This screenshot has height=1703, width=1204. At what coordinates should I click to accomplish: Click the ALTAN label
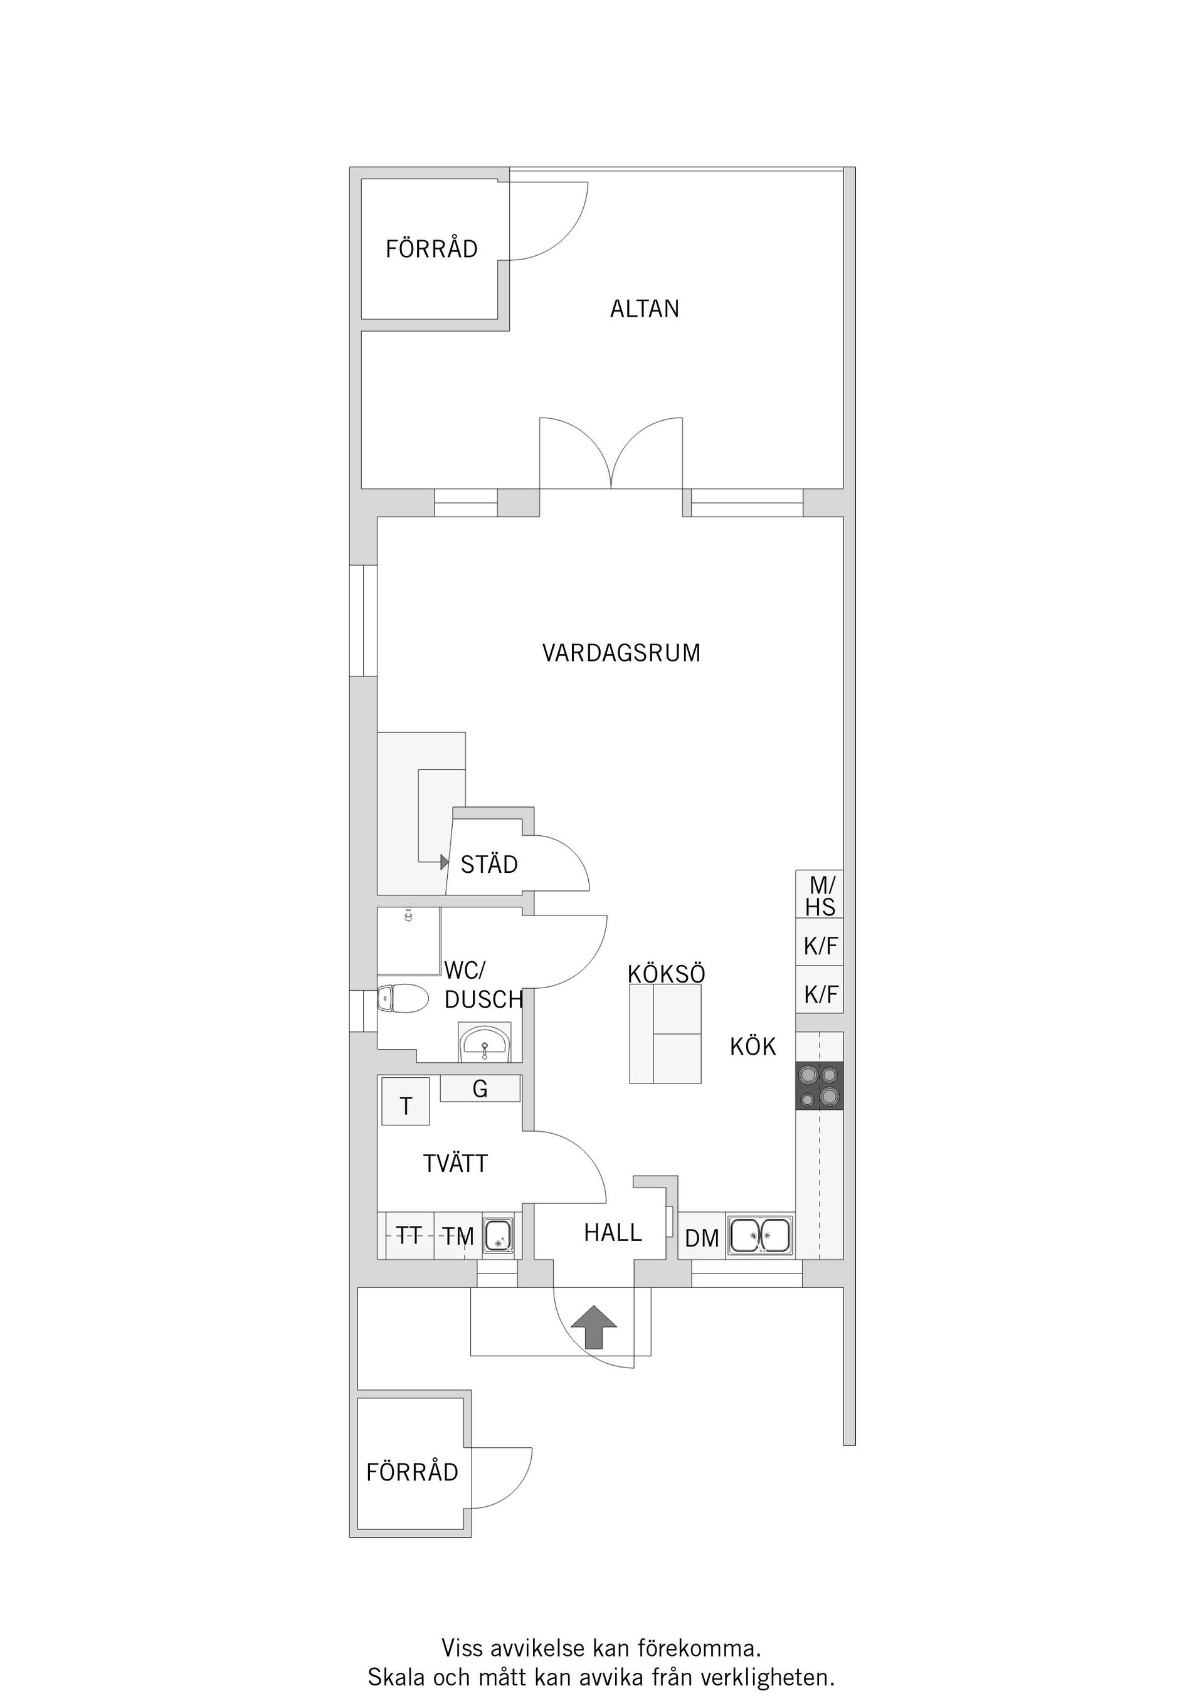coord(644,308)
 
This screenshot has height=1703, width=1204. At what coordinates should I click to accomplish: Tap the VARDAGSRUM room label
coord(621,653)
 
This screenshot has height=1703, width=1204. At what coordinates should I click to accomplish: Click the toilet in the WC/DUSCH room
coord(401,999)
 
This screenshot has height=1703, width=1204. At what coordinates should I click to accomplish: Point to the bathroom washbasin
coord(484,1045)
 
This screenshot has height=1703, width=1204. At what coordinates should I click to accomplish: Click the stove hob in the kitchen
coord(819,1086)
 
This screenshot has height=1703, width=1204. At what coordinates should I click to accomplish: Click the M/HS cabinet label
coord(820,896)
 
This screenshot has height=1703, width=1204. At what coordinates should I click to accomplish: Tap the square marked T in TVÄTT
coord(406,1107)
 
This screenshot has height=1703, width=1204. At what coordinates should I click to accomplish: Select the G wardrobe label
coord(480,1089)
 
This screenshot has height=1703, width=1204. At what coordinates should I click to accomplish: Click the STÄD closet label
coord(489,865)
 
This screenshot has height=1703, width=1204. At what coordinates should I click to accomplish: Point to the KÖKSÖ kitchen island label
coord(666,974)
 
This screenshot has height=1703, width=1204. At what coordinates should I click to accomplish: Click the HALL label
coord(613,1233)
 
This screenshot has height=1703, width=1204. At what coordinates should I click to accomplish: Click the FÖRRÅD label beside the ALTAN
coord(431,249)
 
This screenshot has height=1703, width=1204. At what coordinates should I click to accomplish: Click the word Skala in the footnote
coord(397,1678)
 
